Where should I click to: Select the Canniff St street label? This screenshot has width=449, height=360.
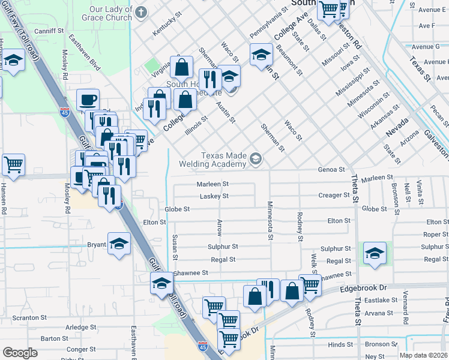pyautogui.click(x=49, y=31)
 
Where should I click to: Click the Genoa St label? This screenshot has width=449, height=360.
pyautogui.click(x=332, y=170)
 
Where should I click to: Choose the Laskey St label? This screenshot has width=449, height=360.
pyautogui.click(x=214, y=196)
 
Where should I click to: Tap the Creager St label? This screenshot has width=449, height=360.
pyautogui.click(x=334, y=195)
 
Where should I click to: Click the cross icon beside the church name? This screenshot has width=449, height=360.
pyautogui.click(x=142, y=13)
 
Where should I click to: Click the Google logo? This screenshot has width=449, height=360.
pyautogui.click(x=20, y=352)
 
